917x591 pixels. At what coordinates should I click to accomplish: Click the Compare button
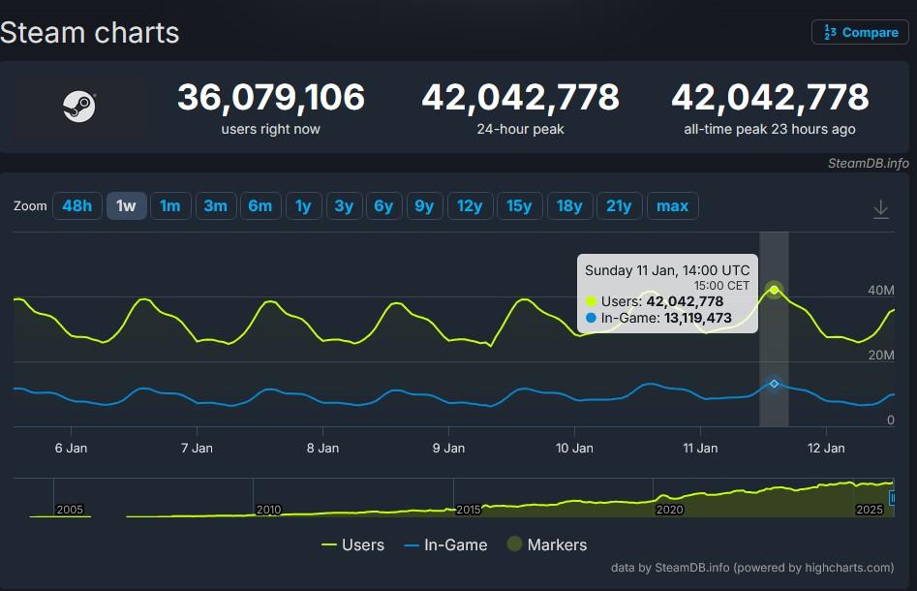[x=860, y=32]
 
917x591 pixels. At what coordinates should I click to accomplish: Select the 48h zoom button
[x=77, y=205]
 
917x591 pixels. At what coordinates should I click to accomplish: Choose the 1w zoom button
[x=126, y=205]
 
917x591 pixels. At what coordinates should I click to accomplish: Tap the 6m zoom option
[x=260, y=205]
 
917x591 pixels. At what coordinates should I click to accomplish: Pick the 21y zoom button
[x=619, y=205]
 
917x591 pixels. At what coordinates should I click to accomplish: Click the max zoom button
[x=672, y=205]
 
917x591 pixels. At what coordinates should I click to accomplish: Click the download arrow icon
[x=880, y=209]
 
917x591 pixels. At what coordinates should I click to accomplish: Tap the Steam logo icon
[x=78, y=107]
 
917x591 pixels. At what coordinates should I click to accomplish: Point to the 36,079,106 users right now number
[x=270, y=98]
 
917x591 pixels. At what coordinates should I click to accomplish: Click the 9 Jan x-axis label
[x=448, y=448]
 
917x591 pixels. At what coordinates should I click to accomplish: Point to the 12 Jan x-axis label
[x=826, y=448]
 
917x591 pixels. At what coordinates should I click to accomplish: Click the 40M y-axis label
[x=880, y=290]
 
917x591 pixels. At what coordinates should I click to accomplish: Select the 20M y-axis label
[x=880, y=355]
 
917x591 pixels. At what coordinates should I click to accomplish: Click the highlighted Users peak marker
[x=774, y=290]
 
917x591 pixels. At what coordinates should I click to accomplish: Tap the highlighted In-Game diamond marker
[x=774, y=384]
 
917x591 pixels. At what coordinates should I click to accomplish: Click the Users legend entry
[x=352, y=544]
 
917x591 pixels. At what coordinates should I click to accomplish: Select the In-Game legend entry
[x=444, y=544]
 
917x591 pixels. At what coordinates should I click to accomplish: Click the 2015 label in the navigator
[x=468, y=509]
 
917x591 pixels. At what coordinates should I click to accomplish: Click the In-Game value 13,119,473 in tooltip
[x=697, y=318]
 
